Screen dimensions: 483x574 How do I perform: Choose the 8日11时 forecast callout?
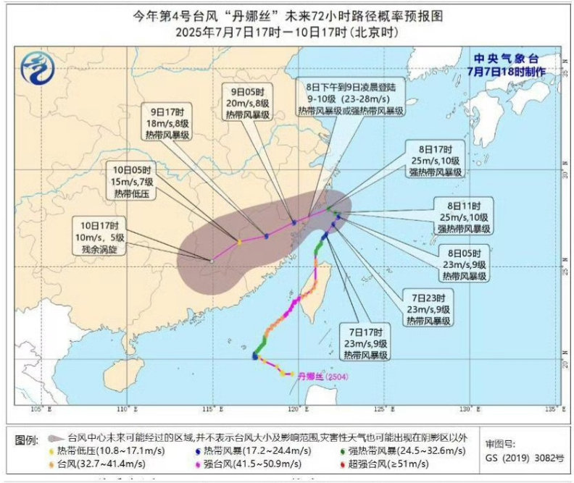coord(464,216)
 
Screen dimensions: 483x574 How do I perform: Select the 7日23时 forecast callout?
coord(430,308)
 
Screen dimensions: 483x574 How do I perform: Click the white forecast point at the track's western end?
coord(212,260)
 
